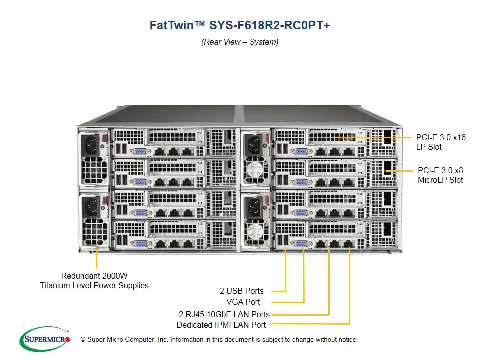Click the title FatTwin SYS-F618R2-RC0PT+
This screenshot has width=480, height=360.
pyautogui.click(x=240, y=25)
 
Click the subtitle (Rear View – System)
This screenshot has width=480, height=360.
pyautogui.click(x=240, y=42)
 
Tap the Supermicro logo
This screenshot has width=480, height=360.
pyautogui.click(x=45, y=339)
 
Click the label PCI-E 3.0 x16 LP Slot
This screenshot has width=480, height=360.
pyautogui.click(x=441, y=142)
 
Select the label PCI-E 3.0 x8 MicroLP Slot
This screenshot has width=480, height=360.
pyautogui.click(x=440, y=175)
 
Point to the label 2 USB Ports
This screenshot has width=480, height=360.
pyautogui.click(x=241, y=291)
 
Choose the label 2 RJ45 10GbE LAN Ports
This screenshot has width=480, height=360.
pyautogui.click(x=224, y=314)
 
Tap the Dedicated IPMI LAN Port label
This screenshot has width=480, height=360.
pyautogui.click(x=221, y=325)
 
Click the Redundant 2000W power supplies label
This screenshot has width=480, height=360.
pyautogui.click(x=94, y=281)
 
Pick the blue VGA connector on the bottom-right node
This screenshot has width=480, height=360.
pyautogui.click(x=302, y=243)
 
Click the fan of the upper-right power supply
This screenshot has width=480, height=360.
pyautogui.click(x=256, y=169)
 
